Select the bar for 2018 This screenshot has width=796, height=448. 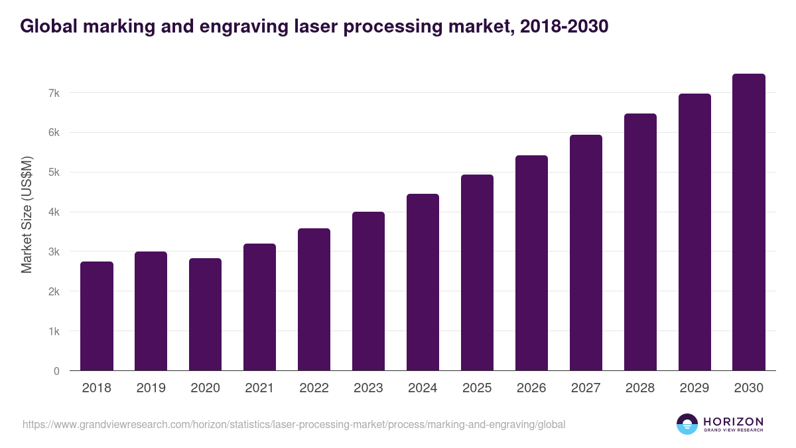97,316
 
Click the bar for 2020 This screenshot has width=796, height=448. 205,315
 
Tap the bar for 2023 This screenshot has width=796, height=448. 368,291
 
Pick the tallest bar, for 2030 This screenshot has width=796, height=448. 749,222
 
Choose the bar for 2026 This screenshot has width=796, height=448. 531,263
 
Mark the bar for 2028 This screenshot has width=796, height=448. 640,242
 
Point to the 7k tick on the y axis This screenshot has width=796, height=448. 54,93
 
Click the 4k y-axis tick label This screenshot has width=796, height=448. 54,212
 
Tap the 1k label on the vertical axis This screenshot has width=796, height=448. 54,331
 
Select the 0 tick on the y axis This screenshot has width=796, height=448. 57,371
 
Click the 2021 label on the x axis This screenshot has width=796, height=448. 259,388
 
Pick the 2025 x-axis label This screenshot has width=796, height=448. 477,388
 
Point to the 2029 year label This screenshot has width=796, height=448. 695,388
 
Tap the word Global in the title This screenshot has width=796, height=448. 46,27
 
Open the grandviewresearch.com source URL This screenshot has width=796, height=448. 294,424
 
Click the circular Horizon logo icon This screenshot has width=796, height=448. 687,424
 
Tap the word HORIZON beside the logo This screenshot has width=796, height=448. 733,421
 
